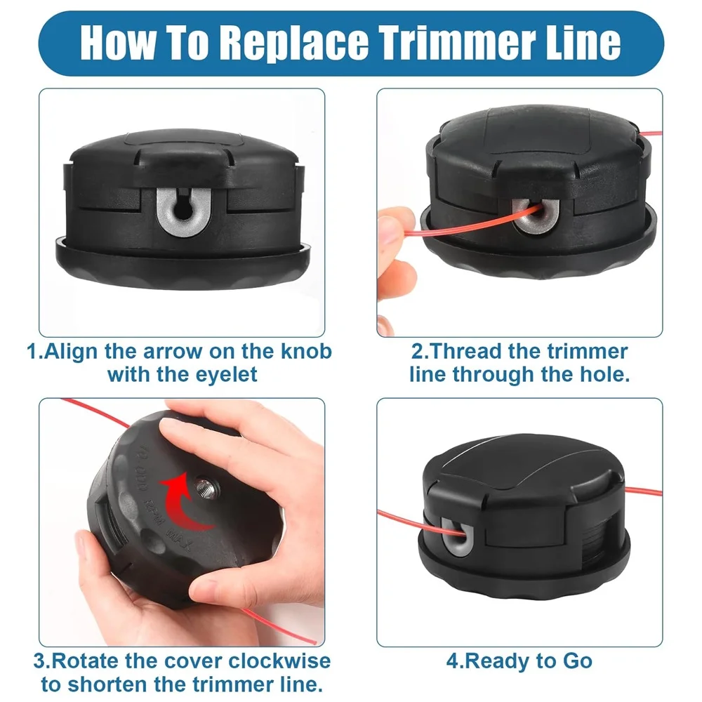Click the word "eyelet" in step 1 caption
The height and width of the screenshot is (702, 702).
click(x=223, y=374)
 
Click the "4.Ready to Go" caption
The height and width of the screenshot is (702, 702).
click(x=519, y=661)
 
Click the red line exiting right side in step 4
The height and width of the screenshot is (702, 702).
click(x=639, y=490)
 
